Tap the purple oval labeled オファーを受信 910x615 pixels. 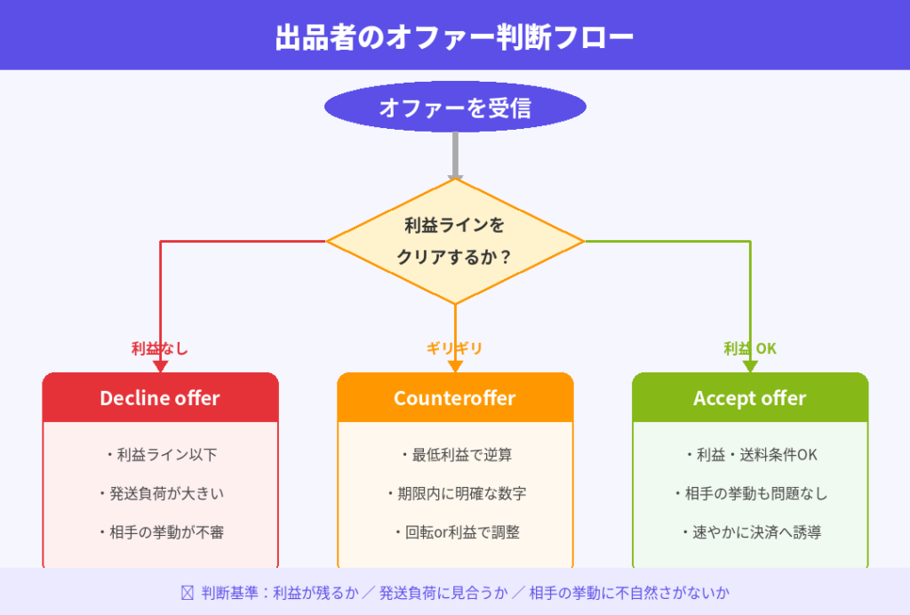coord(455,108)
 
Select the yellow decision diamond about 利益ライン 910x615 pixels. coord(455,241)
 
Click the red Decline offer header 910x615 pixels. coord(160,398)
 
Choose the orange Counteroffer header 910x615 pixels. coord(455,398)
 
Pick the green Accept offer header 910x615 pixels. coord(750,398)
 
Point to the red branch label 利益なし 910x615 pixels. coord(160,348)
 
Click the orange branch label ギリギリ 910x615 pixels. coord(455,348)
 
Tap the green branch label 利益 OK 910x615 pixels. coord(750,348)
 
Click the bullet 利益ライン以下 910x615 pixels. coord(161,455)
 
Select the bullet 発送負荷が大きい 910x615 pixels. coord(161,494)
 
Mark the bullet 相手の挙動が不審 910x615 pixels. coord(161,533)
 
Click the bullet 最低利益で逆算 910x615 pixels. coord(455,455)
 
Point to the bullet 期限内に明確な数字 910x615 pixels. coord(455,494)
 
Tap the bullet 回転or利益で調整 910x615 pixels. coord(455,533)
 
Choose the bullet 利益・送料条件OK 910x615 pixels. coord(750,455)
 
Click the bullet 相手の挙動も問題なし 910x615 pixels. coord(750,494)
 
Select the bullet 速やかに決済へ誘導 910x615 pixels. coord(750,533)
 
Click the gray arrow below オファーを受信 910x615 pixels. coord(455,156)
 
